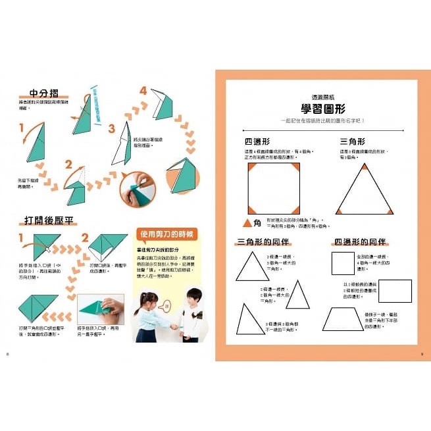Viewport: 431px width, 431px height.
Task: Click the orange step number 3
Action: pos(111,128)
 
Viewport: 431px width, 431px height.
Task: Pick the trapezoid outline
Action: pos(343,318)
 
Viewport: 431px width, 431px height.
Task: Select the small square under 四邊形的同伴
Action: pos(342,263)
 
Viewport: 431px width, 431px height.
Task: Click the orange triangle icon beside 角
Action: pos(249,224)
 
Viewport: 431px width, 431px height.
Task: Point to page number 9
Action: pos(422,355)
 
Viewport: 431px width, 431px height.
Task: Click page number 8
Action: pos(7,355)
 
